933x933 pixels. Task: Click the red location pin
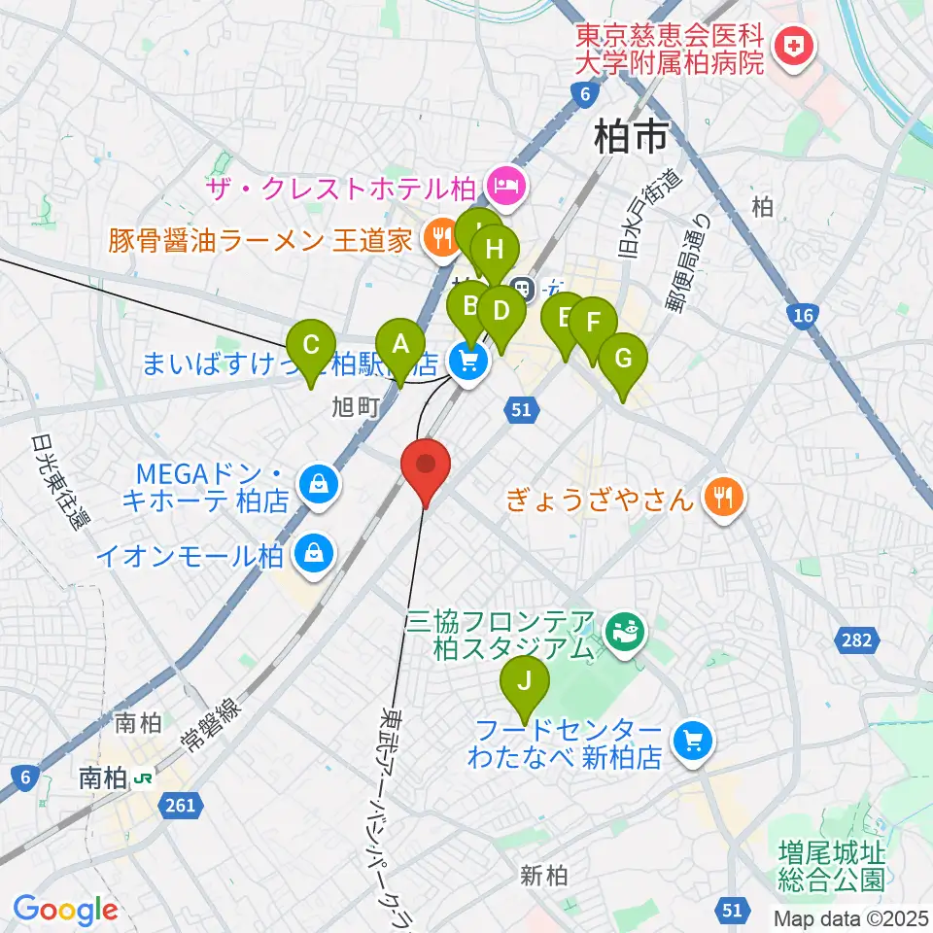[x=426, y=469]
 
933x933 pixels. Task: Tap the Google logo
[x=65, y=909]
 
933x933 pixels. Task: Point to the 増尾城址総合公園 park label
[x=831, y=867]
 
